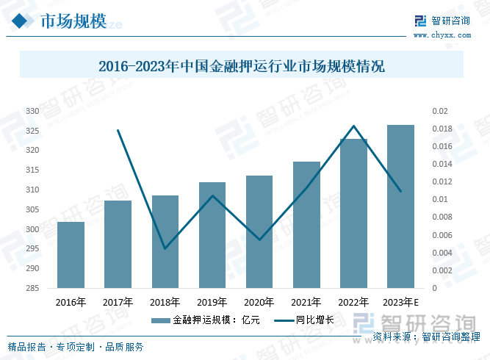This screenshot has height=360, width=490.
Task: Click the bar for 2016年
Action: coord(71,255)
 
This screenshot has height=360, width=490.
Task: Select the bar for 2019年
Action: coord(212,235)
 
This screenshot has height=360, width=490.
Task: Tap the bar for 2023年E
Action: coord(400,206)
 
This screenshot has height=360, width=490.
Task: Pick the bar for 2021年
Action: coord(306,225)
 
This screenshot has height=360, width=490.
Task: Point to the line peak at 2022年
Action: coord(353,126)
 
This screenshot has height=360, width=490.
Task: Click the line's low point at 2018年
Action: coord(165,248)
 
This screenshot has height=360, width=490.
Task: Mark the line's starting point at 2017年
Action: coord(118,130)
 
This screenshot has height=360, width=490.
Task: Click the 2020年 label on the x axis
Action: coord(259,302)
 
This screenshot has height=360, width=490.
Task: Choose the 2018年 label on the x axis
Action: coord(165,302)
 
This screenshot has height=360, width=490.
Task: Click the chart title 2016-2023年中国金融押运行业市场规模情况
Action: coord(242,66)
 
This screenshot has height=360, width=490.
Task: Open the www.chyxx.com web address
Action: coord(442,35)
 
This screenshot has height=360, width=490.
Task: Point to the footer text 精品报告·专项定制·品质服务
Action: coord(76,347)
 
